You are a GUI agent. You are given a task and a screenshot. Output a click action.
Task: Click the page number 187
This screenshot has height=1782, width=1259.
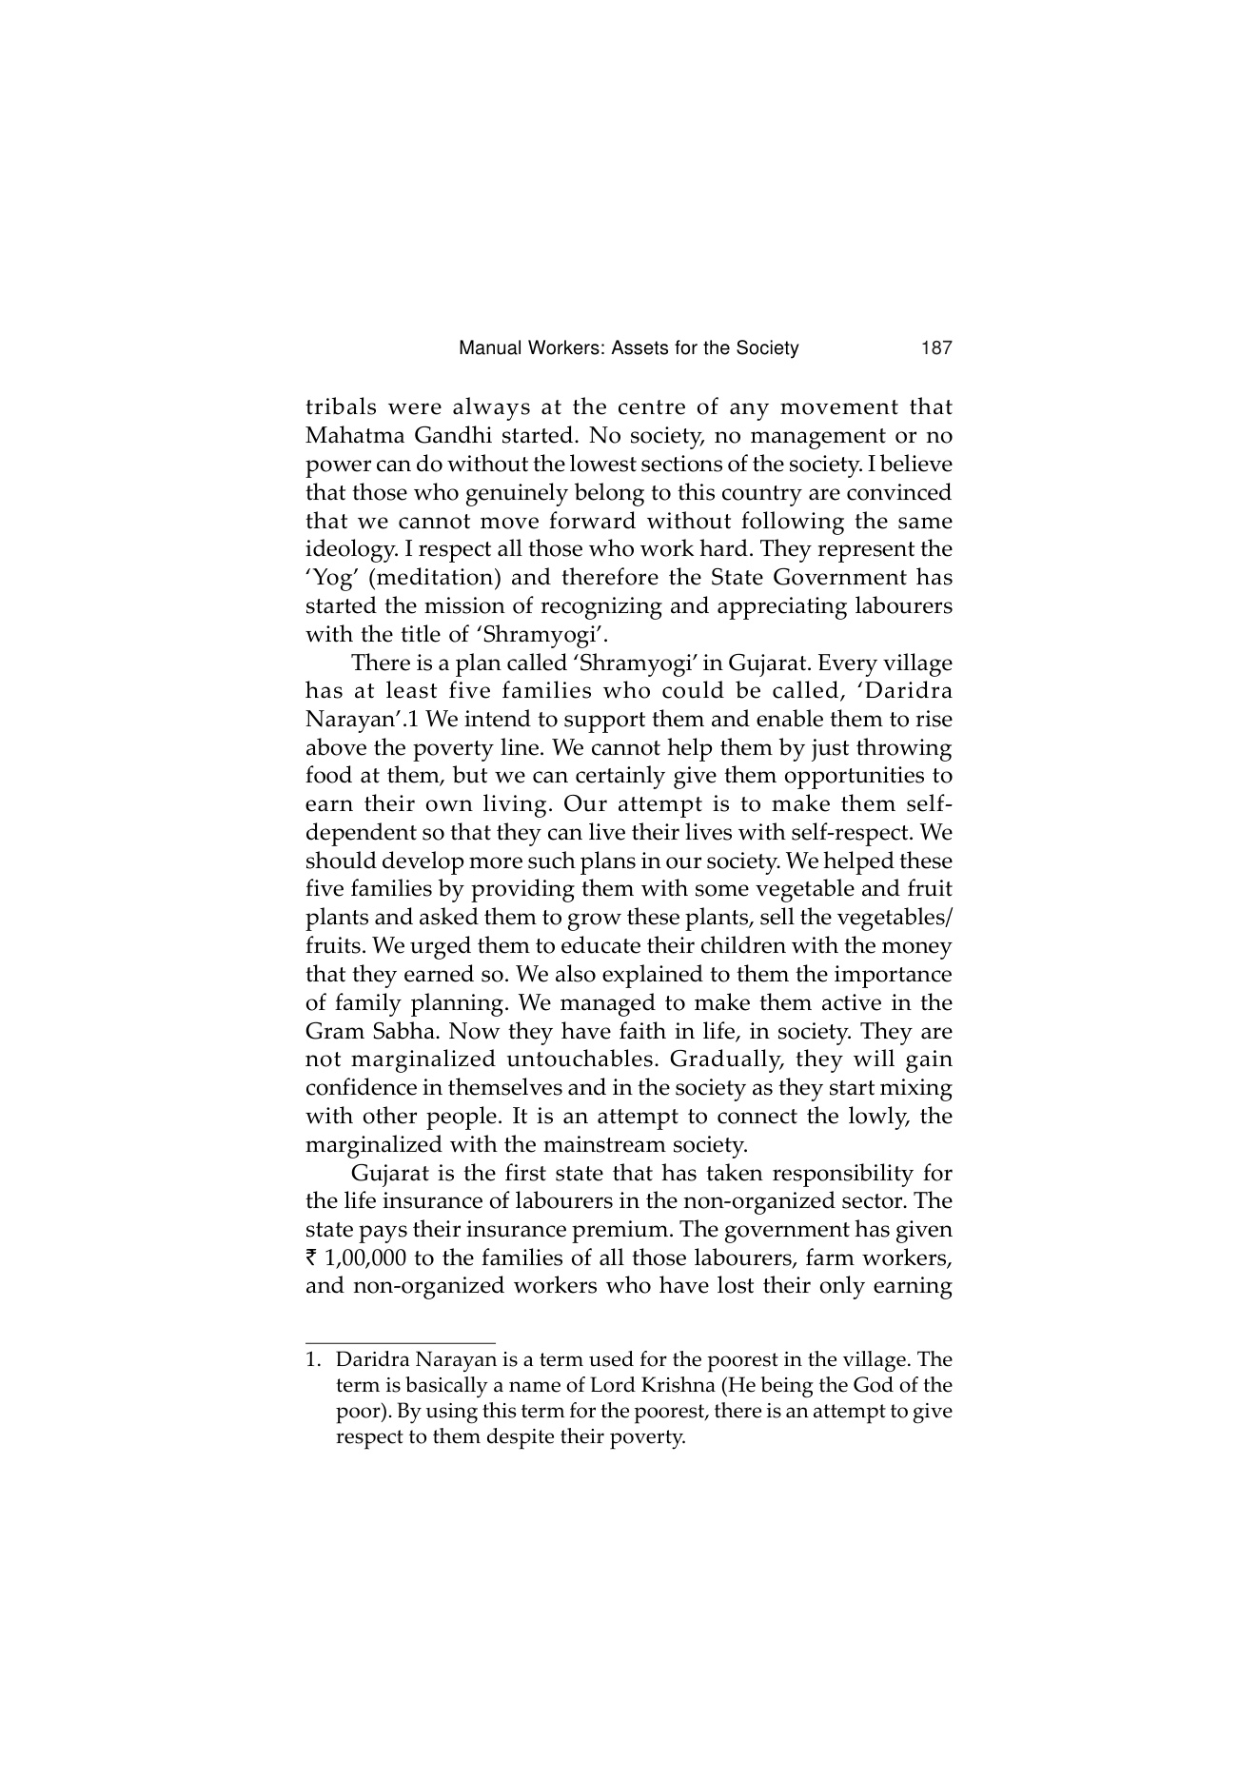936,348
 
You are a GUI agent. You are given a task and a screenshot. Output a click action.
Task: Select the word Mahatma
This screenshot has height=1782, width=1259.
349,436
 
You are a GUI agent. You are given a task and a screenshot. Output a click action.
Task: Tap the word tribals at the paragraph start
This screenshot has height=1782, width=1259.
341,407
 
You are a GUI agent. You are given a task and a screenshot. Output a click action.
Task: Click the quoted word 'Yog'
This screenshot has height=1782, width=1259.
326,578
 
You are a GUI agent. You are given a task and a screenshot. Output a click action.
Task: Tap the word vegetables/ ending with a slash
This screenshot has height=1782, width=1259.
899,918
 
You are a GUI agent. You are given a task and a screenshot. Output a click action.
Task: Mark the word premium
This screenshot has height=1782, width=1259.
631,1229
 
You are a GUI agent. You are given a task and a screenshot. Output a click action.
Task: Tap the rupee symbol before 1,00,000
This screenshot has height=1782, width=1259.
311,1258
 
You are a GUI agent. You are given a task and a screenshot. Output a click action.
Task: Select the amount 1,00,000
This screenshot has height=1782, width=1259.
365,1258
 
